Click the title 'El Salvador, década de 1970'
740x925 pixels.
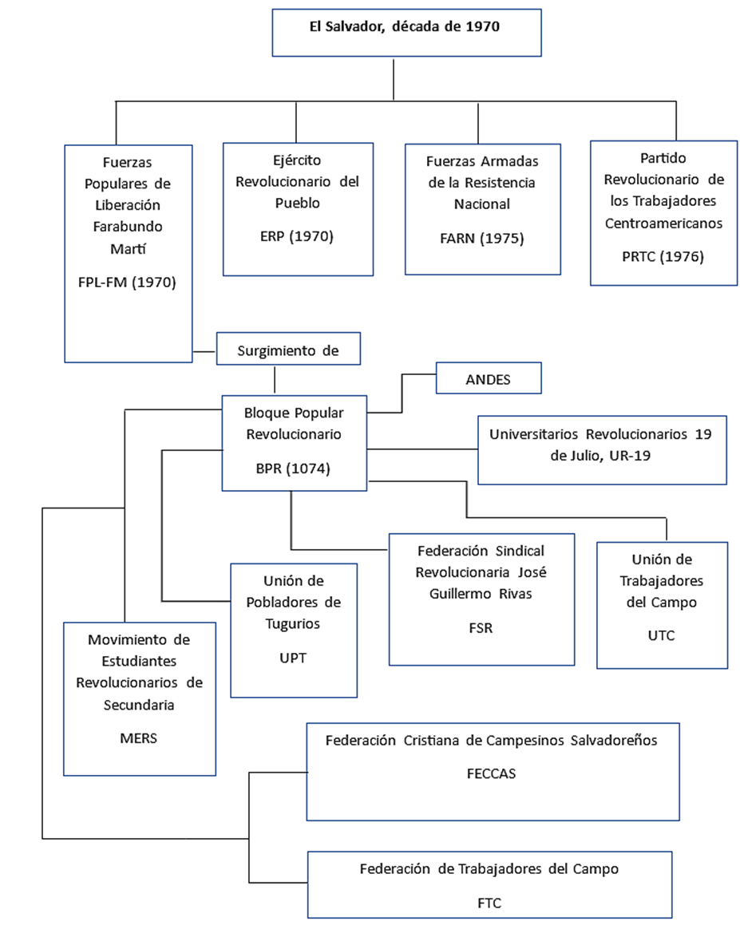coord(405,26)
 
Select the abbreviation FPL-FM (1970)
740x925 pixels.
coord(127,283)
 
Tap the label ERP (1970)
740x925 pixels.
coord(297,236)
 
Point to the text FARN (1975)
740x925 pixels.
coord(482,239)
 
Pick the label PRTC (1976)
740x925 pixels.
coord(663,257)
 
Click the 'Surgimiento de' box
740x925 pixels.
coord(288,349)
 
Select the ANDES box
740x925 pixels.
coord(489,378)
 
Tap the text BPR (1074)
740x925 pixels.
coord(293,469)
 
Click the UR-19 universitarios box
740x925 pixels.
coord(602,450)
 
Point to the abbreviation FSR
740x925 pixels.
coord(481,628)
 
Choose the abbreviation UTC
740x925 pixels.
coord(662,636)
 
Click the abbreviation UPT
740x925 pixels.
coord(293,658)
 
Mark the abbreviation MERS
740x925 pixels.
coord(139,738)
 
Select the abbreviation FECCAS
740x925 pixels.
coord(492,774)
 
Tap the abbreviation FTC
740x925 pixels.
coord(490,903)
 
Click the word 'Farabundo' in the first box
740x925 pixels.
coord(128,227)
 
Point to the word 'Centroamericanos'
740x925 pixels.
coord(664,223)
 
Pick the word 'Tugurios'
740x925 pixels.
coord(293,624)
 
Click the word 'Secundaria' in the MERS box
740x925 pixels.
coord(139,705)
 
